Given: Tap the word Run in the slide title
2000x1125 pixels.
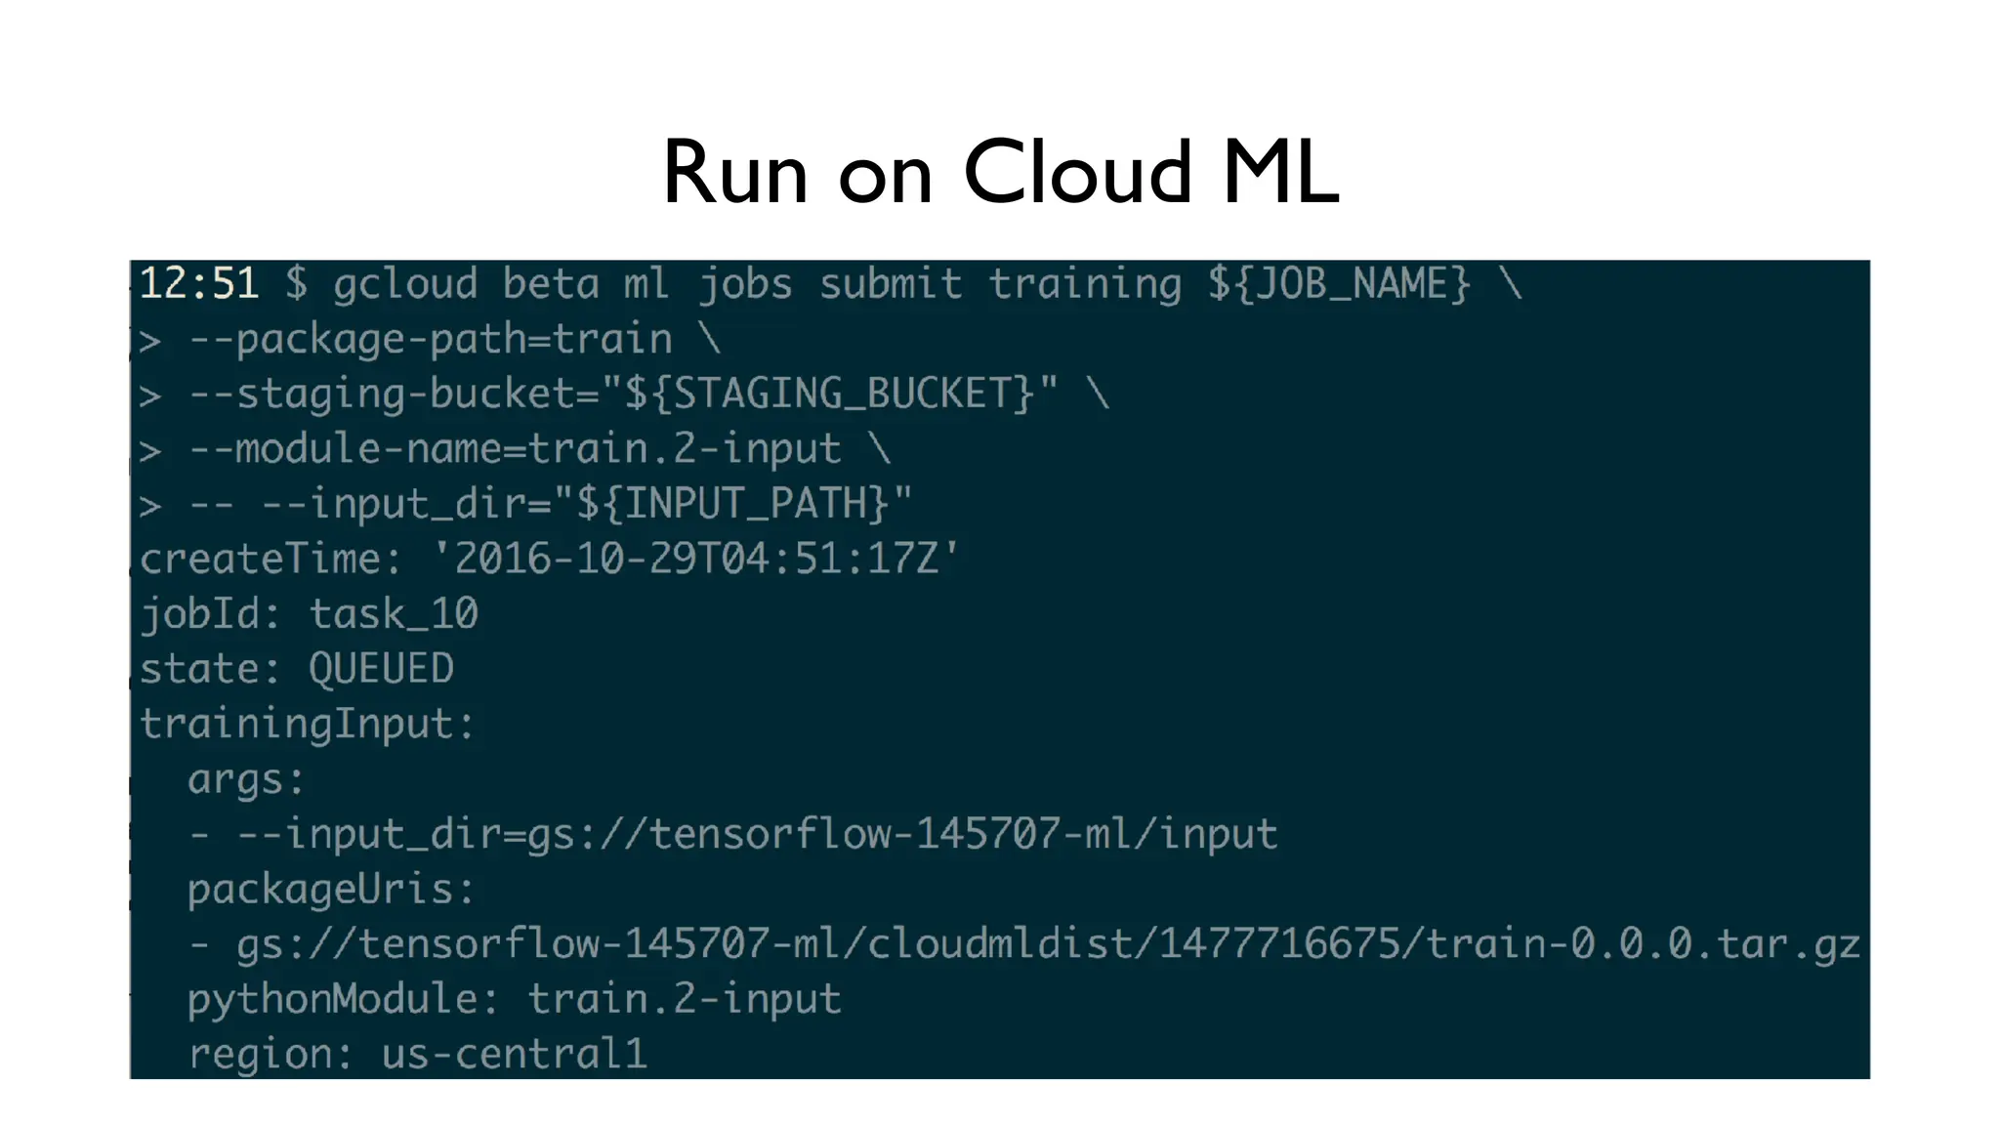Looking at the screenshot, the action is [735, 173].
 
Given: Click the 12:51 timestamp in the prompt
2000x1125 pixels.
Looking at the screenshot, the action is [199, 284].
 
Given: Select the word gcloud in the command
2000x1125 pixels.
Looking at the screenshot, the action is [405, 284].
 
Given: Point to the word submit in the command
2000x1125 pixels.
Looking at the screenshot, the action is [890, 284].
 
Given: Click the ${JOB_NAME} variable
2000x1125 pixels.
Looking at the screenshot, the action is [1339, 284].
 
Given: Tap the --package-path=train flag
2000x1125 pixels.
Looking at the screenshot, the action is [430, 339].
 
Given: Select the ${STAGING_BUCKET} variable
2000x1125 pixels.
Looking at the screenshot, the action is [829, 394].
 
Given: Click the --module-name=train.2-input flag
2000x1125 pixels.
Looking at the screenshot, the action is [515, 448].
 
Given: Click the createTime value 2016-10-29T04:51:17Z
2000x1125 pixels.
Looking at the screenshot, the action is [696, 559].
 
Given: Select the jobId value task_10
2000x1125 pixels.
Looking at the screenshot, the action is [394, 614].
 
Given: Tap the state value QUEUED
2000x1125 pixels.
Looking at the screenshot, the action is [381, 669].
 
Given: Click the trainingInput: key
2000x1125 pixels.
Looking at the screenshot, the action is [307, 724].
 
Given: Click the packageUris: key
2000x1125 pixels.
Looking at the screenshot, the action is [331, 889].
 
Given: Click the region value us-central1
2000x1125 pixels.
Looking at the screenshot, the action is [515, 1054].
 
